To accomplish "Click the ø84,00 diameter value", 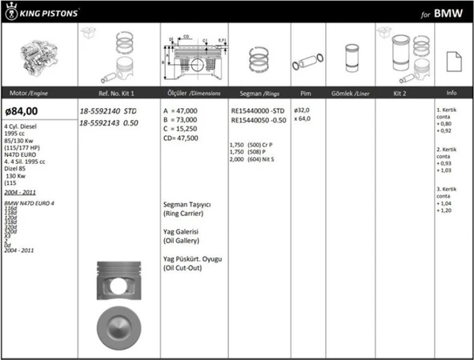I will coord(22,111).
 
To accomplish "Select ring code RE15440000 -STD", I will coord(256,110).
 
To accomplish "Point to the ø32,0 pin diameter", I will coord(302,110).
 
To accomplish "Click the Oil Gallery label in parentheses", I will coord(181,240).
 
